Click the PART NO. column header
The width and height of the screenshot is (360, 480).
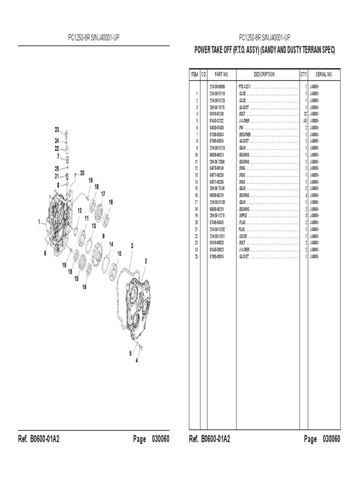click(221, 75)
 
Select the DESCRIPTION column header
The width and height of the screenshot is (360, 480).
click(264, 75)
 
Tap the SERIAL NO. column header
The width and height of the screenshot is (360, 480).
click(323, 75)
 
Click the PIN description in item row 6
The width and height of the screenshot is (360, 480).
click(241, 127)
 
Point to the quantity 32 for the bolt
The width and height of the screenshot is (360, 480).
click(305, 113)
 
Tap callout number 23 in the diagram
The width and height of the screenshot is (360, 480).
click(57, 129)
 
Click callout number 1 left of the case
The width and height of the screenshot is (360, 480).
click(40, 223)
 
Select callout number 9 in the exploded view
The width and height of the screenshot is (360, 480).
click(103, 236)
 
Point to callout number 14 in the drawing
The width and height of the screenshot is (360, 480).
click(111, 244)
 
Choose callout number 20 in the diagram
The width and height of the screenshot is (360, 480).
click(82, 172)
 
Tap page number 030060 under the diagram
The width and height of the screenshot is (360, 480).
click(160, 439)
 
